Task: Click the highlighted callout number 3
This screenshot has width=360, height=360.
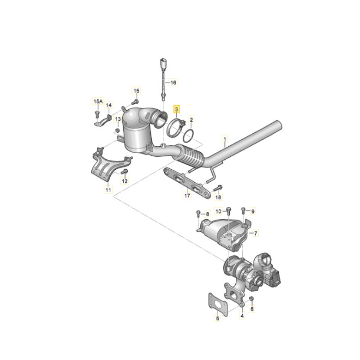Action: point(176,109)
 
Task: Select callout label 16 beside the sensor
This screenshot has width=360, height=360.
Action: point(173,82)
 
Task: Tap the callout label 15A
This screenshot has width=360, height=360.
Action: point(98,101)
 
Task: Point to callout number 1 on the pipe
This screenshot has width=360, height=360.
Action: point(225,139)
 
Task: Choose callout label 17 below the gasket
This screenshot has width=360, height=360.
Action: point(187,195)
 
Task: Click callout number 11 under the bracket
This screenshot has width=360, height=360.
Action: point(108,190)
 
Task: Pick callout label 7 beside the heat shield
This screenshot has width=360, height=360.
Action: point(256,233)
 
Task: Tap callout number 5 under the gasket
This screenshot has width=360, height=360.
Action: point(217,318)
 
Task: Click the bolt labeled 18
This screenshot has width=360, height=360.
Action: point(218,188)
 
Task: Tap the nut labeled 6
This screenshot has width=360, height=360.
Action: point(252,299)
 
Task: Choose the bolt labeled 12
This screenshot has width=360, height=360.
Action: point(125,171)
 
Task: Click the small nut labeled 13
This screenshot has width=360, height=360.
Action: point(117,130)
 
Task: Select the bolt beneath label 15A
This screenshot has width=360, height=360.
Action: point(97,114)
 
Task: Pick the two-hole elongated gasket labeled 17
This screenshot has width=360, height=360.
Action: point(187,183)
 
